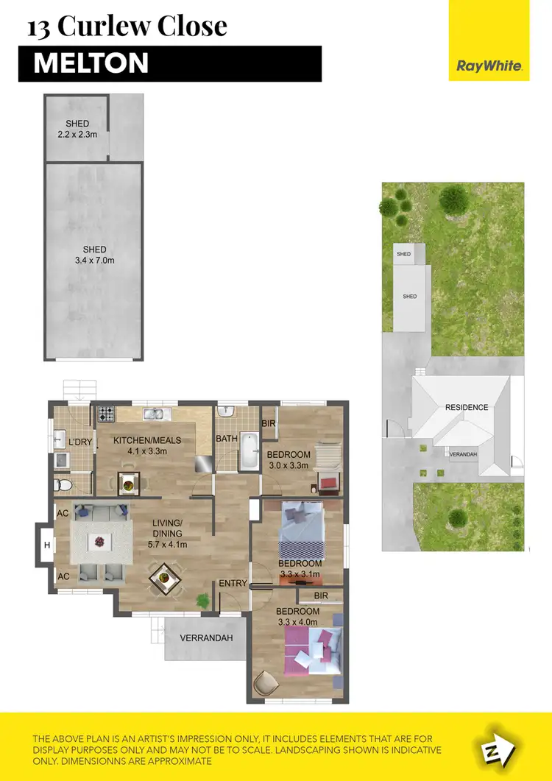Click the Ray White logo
coord(489,66)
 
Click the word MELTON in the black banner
coord(91,64)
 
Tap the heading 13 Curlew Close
coord(127,26)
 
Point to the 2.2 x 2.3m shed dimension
coord(77,135)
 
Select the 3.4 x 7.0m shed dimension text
coord(94,261)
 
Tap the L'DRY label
coord(79,442)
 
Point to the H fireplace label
coord(46,545)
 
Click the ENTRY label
coord(233,584)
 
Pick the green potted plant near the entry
coord(201,601)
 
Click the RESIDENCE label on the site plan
coord(467,407)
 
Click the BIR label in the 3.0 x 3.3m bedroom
coord(268,423)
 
